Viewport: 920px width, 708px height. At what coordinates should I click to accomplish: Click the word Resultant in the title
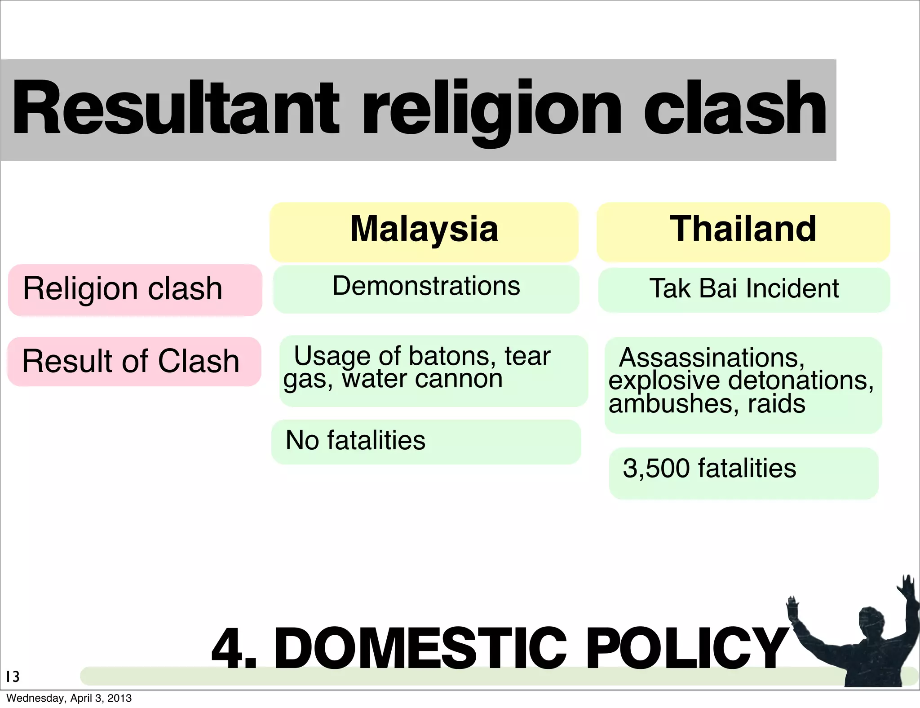175,108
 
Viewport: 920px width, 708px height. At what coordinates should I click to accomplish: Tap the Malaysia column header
424,229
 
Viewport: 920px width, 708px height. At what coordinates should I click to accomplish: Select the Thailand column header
743,229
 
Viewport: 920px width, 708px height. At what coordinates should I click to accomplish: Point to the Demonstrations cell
426,286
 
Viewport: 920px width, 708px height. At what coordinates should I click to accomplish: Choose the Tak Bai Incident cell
744,288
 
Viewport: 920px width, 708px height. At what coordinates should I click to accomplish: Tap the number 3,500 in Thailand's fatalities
656,469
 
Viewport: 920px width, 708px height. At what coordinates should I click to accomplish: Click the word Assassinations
712,358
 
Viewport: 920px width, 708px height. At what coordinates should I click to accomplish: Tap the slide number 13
13,677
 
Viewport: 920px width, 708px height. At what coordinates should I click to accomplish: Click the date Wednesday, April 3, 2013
69,698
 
